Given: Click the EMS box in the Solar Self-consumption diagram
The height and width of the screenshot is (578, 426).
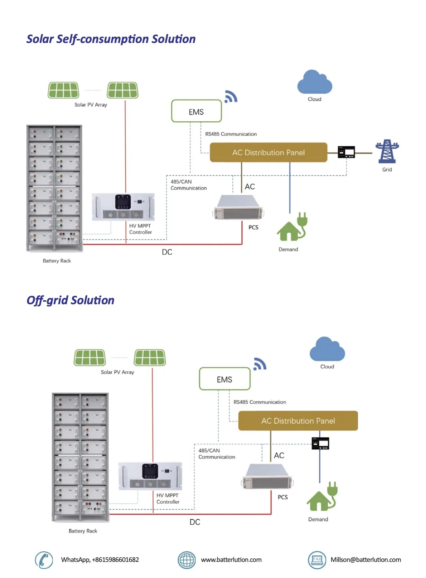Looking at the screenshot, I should pos(196,111).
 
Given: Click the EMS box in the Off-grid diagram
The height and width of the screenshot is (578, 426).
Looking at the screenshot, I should pos(224,379).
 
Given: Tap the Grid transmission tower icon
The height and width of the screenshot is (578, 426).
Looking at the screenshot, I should pos(387,151).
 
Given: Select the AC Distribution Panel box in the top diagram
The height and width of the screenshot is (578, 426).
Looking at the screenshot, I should pos(268,152).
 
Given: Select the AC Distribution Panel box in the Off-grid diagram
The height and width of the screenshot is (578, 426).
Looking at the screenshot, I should pos(298,421).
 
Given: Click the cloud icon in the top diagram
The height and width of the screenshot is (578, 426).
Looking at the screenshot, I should pos(314,83).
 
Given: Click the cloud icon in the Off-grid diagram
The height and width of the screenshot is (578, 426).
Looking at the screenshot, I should pos(327,350).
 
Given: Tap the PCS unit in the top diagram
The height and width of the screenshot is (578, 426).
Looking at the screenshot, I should pos(238,208).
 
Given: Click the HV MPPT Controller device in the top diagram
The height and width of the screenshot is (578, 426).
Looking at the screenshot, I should pos(123,207).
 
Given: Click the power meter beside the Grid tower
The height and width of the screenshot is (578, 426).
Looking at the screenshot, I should pos(346,152).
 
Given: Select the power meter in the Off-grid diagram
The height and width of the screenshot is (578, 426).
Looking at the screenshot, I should pos(320,443).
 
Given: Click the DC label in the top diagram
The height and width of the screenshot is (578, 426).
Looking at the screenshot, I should pos(167,252).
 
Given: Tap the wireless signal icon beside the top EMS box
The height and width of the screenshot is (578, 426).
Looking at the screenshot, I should pos(231,97).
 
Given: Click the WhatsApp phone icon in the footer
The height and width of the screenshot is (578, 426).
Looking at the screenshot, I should pos(44,560).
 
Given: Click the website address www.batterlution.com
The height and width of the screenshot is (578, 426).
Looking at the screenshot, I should pos(231,560).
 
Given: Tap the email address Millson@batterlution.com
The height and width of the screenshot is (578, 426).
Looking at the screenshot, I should pos(366,560).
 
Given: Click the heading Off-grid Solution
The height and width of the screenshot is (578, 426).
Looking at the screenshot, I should pos(71,300).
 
